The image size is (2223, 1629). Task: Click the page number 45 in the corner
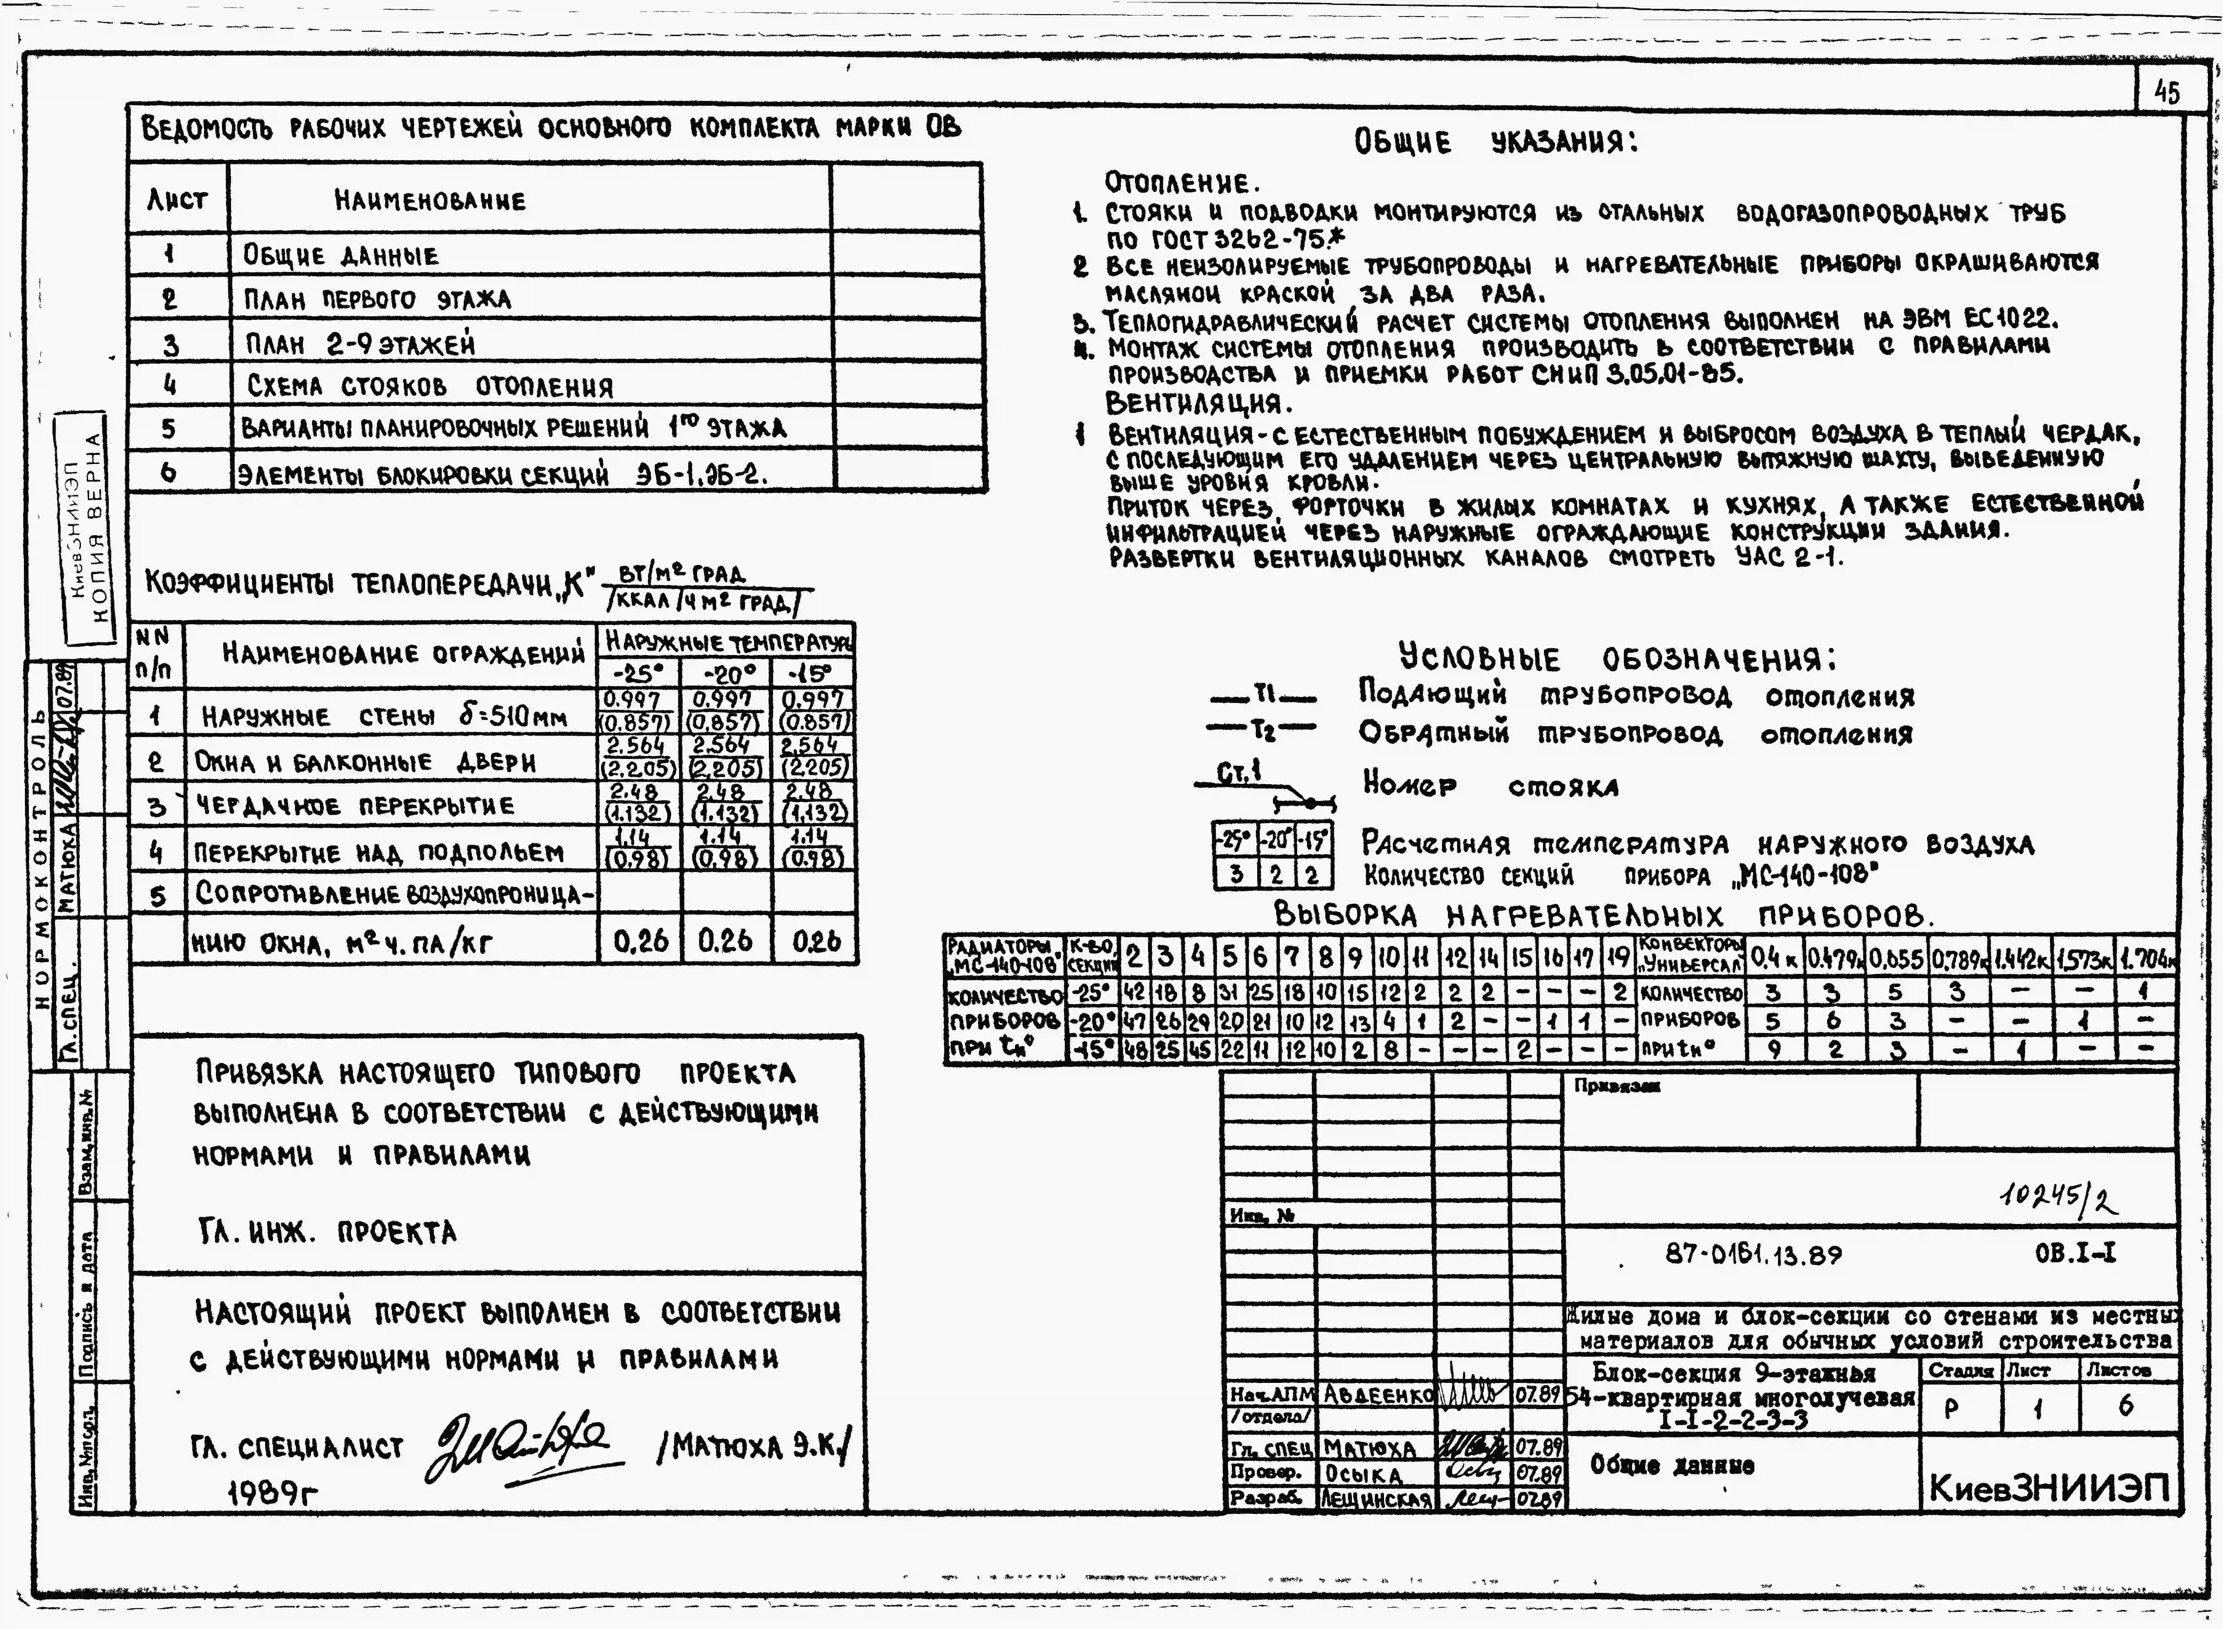(2166, 93)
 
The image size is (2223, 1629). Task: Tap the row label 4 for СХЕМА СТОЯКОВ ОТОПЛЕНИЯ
(170, 385)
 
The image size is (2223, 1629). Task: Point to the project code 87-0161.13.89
(1753, 1254)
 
